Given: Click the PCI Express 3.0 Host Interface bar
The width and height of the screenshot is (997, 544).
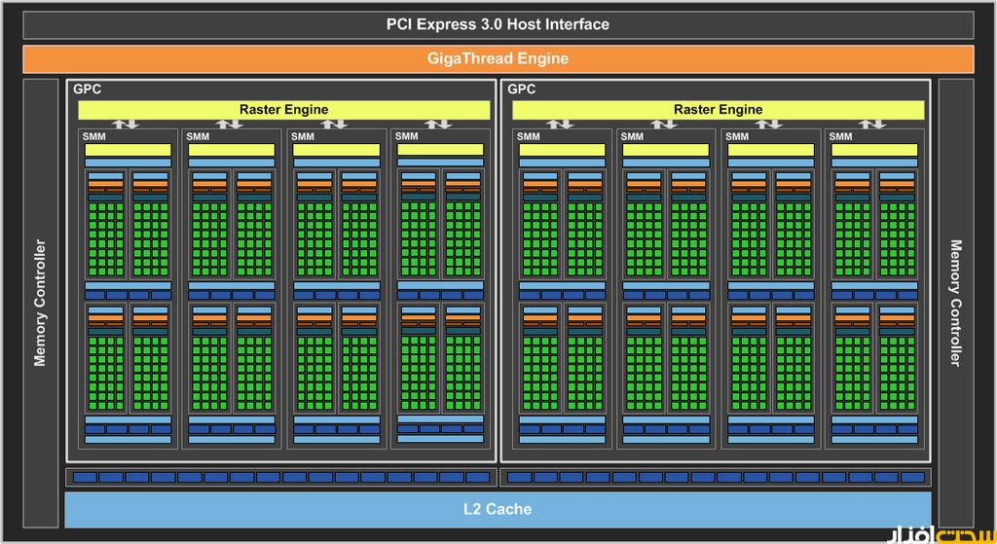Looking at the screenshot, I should coord(498,24).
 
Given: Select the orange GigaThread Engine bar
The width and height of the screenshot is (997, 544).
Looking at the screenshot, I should coord(498,58).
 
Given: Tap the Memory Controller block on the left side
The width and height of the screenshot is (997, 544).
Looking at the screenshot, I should coord(41,303).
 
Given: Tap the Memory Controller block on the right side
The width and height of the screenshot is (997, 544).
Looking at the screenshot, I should coord(954,303).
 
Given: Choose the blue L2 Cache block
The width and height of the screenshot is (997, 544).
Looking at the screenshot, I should coord(498,508).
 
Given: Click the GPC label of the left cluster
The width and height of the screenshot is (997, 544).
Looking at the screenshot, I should coord(87,90).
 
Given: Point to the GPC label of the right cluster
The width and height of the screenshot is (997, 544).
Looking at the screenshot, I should coord(521,90).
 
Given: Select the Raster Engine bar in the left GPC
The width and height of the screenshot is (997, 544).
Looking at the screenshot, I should coord(283,110).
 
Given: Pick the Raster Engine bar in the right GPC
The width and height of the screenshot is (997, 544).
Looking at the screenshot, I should coord(718,110).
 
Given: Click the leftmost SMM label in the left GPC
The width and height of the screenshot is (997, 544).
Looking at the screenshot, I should coord(93,136).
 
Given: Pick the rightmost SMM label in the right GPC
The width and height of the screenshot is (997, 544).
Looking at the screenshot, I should coord(840,136).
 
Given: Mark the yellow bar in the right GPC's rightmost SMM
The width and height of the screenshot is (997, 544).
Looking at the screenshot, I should coord(874,150).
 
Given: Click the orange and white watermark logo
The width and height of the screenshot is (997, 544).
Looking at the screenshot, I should coord(940,534).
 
